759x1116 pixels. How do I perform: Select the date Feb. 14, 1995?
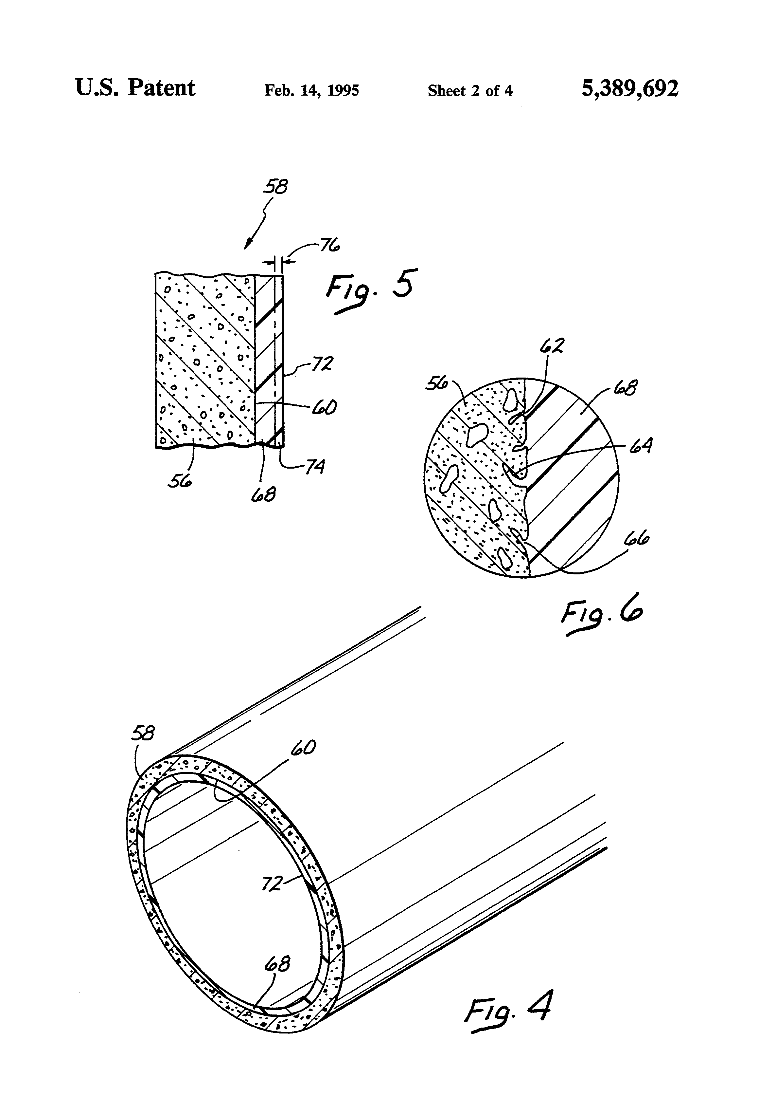tap(311, 91)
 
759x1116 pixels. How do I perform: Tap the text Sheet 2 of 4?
tap(470, 91)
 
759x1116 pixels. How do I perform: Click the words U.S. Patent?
tap(135, 88)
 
